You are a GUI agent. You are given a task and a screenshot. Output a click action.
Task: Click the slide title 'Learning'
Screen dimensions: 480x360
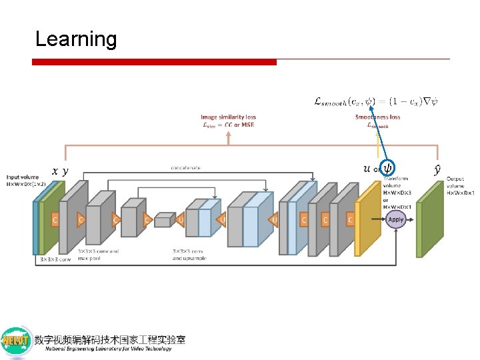(x=75, y=39)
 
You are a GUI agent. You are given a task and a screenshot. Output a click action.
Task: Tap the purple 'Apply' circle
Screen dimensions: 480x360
(x=395, y=219)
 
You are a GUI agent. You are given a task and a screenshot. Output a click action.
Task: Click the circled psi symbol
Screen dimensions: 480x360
(x=387, y=168)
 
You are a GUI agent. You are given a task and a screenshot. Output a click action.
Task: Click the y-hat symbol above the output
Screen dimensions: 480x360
(x=437, y=170)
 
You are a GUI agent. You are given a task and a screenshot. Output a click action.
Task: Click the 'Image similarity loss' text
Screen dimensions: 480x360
(x=228, y=117)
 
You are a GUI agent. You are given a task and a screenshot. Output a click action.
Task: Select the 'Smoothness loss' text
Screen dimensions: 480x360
(x=377, y=117)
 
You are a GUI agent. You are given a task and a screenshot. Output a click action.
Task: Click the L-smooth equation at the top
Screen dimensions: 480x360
(x=375, y=102)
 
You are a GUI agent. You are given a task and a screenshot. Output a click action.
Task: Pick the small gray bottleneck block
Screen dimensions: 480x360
(x=163, y=221)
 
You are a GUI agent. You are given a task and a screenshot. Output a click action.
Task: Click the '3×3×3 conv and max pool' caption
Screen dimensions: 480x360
(x=98, y=255)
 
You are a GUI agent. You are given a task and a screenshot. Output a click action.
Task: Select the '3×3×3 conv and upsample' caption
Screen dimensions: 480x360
(x=189, y=255)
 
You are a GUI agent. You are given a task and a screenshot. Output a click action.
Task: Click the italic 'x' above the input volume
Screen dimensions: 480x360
(x=55, y=171)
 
